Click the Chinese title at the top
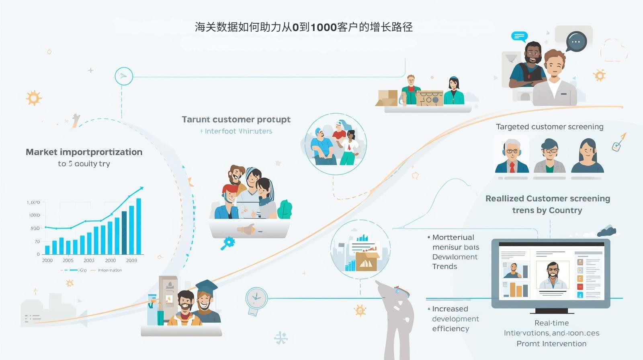tap(303, 27)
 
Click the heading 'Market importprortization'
tap(84, 152)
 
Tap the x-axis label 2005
tap(68, 260)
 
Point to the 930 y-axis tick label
tap(35, 228)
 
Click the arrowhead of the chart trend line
tap(141, 188)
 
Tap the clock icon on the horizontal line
tap(256, 298)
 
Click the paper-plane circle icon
tap(123, 76)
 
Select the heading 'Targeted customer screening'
tap(549, 127)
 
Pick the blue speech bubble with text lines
tap(519, 37)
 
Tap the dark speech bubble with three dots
tap(576, 42)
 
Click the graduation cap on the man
tap(207, 286)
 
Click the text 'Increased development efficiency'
tap(455, 319)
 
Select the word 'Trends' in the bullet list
tap(444, 266)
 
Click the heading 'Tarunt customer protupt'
tap(236, 119)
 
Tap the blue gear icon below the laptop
tap(228, 242)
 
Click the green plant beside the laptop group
tap(285, 209)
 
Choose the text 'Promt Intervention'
tap(551, 344)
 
